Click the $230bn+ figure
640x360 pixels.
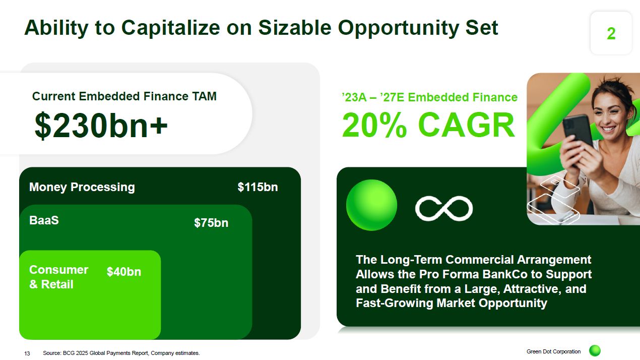(101, 126)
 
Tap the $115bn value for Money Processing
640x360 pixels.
(258, 187)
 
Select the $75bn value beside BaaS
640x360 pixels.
(211, 223)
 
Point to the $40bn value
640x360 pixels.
(123, 272)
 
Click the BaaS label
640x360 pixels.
(44, 220)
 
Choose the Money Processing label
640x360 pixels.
(82, 187)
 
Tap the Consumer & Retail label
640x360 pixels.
(58, 277)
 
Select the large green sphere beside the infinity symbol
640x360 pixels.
(371, 205)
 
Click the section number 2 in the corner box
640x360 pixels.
(611, 34)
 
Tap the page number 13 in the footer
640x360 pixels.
(27, 354)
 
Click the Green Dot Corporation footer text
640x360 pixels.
(553, 352)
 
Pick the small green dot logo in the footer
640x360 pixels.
(595, 351)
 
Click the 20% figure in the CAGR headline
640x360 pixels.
(374, 125)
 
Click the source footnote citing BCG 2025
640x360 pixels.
(121, 353)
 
